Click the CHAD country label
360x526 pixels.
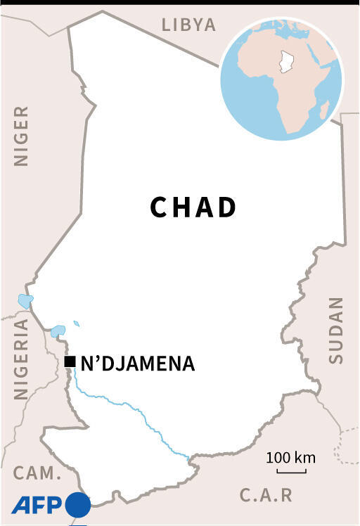193,207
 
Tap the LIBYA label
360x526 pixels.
188,25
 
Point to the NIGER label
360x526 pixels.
22,136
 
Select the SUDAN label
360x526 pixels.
336,330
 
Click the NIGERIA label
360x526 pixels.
22,359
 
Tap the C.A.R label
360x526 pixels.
266,495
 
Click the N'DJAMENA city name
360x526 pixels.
138,364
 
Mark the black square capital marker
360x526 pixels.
70,362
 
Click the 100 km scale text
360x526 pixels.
290,458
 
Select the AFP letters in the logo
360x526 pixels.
36,505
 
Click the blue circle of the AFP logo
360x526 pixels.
78,505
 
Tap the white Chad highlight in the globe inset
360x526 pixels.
285,62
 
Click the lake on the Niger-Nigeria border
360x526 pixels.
25,302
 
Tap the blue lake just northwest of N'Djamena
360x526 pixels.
58,330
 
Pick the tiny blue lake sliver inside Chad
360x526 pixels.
76,324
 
